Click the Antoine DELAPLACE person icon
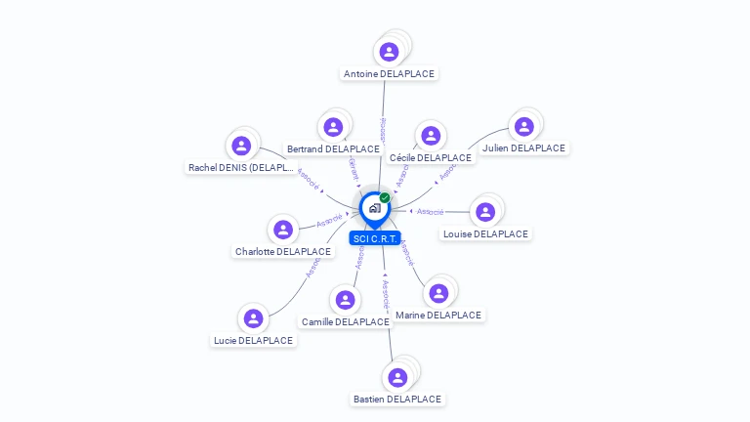point(390,52)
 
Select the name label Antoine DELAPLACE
point(390,73)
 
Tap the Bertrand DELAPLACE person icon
point(333,127)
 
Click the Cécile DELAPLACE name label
point(430,157)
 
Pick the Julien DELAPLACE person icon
point(524,126)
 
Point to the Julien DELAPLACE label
point(523,148)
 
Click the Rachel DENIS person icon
point(241,146)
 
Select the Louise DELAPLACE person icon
point(485,212)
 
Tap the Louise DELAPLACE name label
point(485,233)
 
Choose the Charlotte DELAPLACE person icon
point(283,230)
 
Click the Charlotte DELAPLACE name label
point(283,251)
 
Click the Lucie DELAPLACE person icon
point(253,318)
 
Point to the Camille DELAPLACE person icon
point(345,300)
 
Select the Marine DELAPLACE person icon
point(438,293)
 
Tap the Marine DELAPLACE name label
point(438,315)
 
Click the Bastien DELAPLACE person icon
point(397,377)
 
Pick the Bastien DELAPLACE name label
point(397,399)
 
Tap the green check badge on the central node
point(385,197)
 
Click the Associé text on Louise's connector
point(431,211)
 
